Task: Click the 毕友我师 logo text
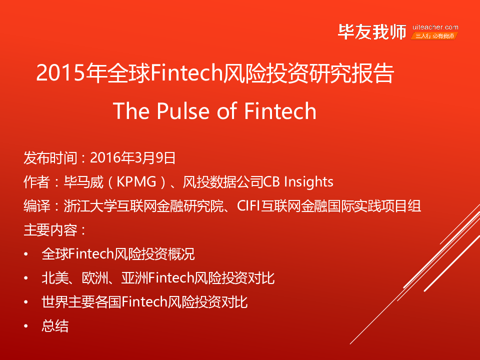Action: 372,32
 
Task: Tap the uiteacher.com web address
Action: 435,27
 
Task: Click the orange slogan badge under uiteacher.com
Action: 434,36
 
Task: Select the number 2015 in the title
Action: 60,73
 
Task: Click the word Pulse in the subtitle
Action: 183,111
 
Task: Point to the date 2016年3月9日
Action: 132,158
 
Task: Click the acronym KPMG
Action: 136,182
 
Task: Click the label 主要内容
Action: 50,230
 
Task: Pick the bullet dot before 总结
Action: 26,326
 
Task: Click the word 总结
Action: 55,325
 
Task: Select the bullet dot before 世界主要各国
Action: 26,302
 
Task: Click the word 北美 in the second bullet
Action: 55,278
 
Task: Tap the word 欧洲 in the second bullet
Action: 95,278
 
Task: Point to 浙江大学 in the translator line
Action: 90,205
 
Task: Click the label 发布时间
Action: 50,158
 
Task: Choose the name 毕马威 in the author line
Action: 83,182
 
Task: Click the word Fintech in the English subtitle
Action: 280,111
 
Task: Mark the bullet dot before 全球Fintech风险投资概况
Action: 26,254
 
